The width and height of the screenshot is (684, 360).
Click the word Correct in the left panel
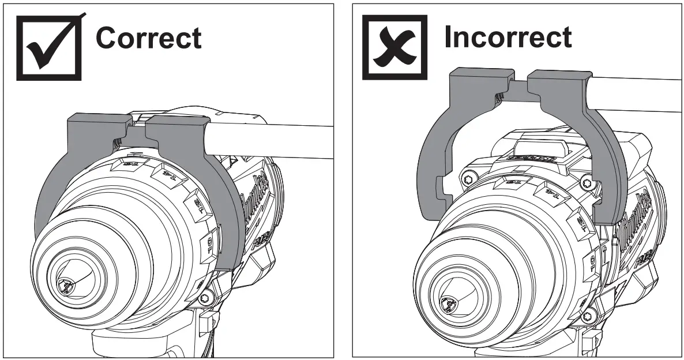tap(148, 38)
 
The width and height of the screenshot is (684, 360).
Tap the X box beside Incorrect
tap(394, 47)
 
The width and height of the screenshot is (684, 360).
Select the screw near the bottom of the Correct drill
tap(204, 298)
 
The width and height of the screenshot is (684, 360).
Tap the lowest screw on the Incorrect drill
tap(588, 316)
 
